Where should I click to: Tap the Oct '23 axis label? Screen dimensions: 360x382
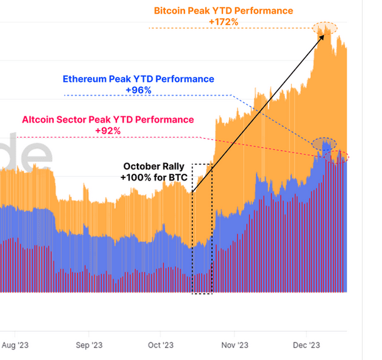(161, 344)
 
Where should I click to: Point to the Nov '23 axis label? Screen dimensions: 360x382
(235, 344)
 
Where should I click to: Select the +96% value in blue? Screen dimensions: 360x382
(138, 90)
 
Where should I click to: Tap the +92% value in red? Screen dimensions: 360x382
(108, 130)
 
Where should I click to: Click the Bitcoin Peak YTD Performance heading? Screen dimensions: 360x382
(223, 11)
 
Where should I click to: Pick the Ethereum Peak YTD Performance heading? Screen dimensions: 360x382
(138, 79)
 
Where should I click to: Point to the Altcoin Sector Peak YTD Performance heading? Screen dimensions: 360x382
(108, 119)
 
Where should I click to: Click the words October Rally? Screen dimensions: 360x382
(154, 166)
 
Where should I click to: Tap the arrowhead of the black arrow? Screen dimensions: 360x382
(322, 33)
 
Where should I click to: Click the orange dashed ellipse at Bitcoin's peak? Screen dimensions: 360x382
(324, 27)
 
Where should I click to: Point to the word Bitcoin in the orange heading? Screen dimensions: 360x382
(171, 11)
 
